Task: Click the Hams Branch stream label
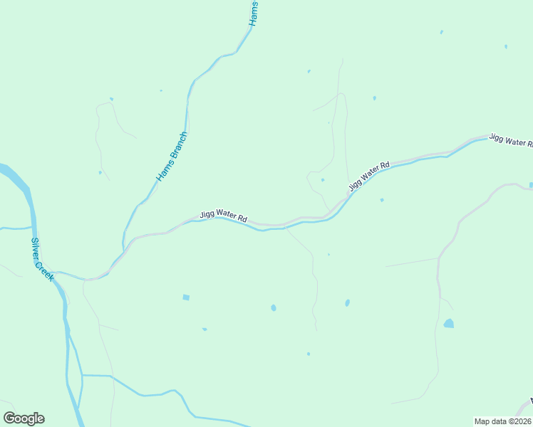[x=172, y=156]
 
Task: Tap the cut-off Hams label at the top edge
[x=254, y=14]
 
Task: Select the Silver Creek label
[x=42, y=258]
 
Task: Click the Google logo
[x=24, y=418]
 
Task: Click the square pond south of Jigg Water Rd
[x=186, y=297]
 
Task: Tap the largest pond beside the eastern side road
[x=448, y=324]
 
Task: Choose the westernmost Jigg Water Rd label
[x=223, y=216]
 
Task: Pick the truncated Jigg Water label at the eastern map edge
[x=511, y=139]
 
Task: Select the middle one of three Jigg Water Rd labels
[x=370, y=176]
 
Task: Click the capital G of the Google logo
[x=9, y=418]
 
